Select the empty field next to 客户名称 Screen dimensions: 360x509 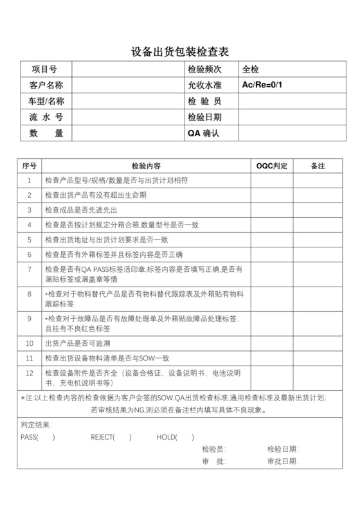point(127,85)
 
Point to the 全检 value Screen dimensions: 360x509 point(251,69)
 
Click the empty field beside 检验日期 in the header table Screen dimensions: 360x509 point(292,117)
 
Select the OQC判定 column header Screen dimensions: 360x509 point(271,166)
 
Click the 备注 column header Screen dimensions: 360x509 point(318,166)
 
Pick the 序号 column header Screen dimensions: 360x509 point(29,166)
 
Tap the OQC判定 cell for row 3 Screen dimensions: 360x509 point(271,210)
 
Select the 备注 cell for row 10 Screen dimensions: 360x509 point(318,343)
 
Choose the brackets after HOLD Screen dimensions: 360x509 point(184,438)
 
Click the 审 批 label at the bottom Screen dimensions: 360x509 point(213,461)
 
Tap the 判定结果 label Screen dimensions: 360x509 point(36,425)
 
